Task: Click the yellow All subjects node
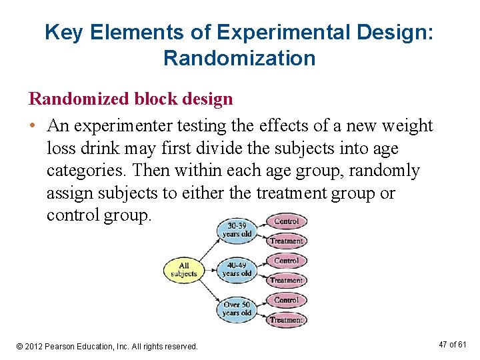[x=183, y=269]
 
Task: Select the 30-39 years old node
[x=237, y=229]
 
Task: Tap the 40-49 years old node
[x=237, y=269]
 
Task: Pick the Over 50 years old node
[x=237, y=309]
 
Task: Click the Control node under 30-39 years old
[x=287, y=221]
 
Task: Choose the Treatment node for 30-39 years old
[x=287, y=241]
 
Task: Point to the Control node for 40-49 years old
[x=287, y=261]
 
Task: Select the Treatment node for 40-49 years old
[x=287, y=281]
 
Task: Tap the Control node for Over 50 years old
[x=287, y=300]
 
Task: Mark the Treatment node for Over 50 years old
[x=287, y=320]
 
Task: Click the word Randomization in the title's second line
[x=239, y=58]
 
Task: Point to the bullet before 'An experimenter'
[x=32, y=126]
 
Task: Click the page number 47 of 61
[x=453, y=344]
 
